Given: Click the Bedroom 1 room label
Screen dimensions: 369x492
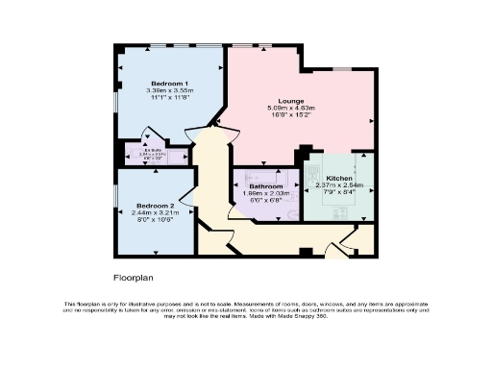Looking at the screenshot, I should [147, 84].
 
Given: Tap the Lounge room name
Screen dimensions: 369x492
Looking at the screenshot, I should [291, 101].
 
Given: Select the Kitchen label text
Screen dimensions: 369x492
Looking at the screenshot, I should [339, 179].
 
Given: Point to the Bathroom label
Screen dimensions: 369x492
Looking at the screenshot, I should [265, 185].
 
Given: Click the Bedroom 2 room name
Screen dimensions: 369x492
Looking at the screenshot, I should [155, 206].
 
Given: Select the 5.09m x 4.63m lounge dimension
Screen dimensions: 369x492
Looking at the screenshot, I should [291, 109].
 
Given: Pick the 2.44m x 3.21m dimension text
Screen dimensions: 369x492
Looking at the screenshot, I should [155, 213].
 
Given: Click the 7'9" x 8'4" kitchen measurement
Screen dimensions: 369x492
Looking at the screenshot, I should [339, 193].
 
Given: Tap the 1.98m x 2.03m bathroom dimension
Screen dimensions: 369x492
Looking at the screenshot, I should [265, 193].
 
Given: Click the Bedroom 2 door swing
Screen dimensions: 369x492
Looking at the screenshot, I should [187, 199].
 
